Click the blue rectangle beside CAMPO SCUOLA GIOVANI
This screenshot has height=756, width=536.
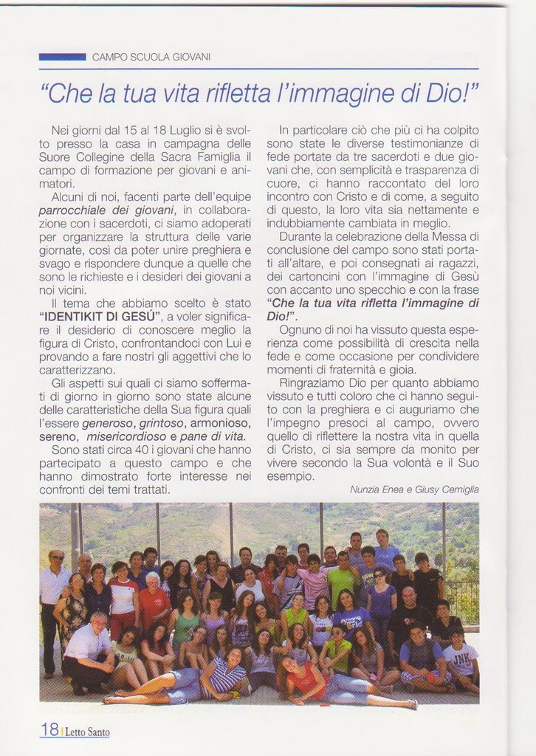(x=62, y=56)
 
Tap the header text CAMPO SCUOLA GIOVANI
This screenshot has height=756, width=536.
(x=151, y=57)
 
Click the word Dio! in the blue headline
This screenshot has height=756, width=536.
(x=453, y=93)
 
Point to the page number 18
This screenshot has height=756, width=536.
(x=49, y=729)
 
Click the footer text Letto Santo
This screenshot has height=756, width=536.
(x=87, y=732)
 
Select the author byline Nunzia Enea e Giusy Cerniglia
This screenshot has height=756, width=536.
(x=413, y=489)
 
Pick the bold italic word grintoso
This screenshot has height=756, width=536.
(x=162, y=423)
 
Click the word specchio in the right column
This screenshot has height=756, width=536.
(x=365, y=289)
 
